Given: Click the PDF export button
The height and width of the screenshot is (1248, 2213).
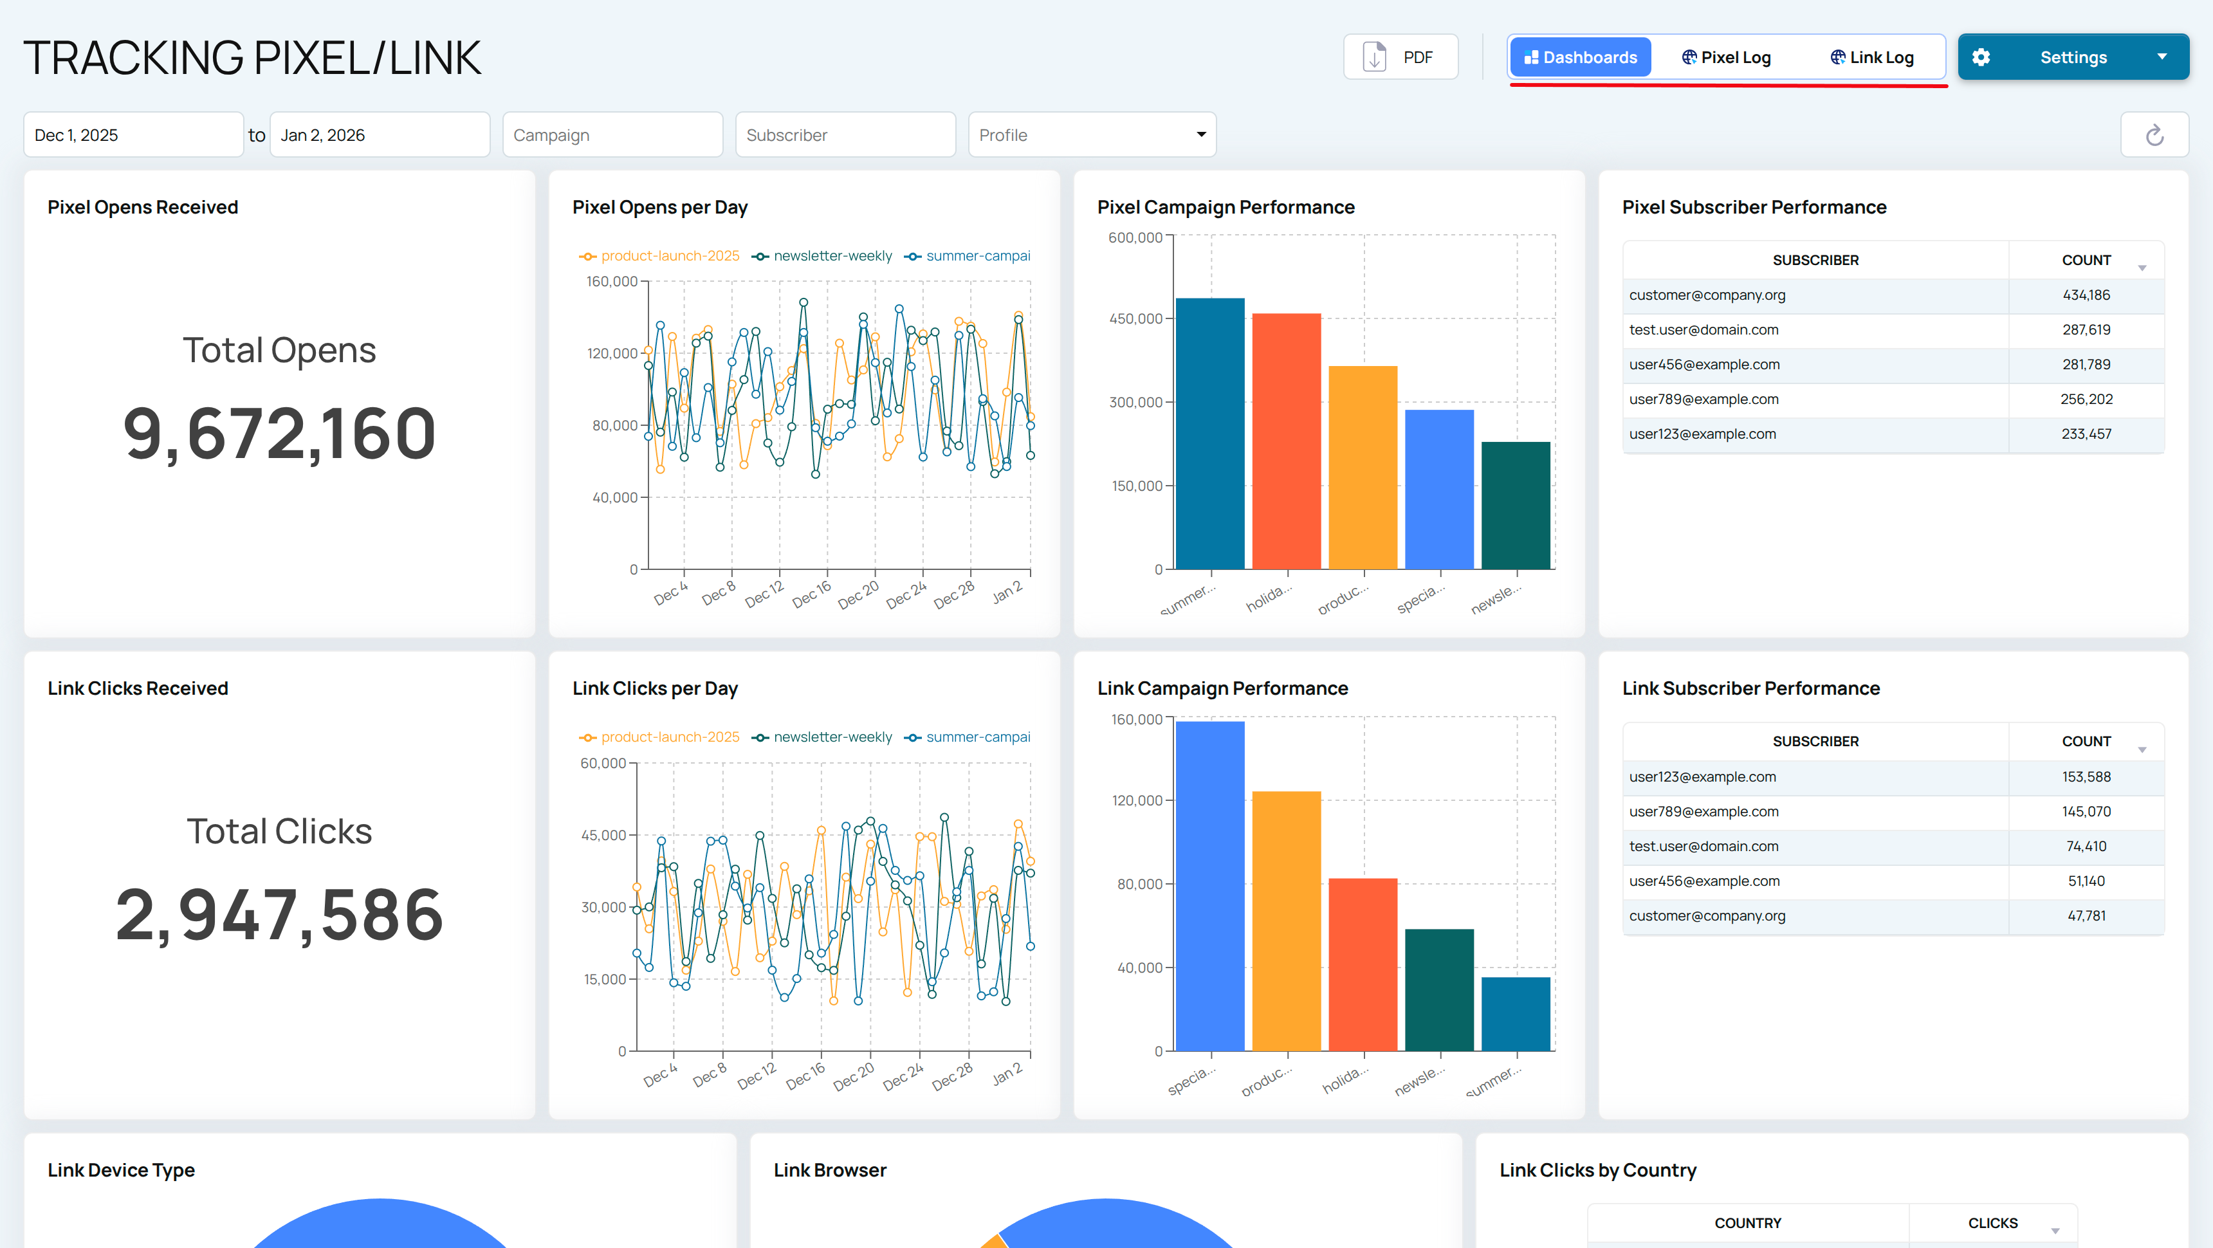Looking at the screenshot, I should (1400, 57).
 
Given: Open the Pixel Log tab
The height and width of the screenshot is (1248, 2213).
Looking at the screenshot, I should (1726, 57).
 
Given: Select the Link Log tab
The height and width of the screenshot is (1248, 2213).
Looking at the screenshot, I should (1872, 57).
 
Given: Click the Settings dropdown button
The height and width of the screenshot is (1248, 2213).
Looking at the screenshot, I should (2072, 57).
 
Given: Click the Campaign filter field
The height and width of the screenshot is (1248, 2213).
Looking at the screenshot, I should (612, 135).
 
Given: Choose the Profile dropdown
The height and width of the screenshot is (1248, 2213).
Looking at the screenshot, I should (1091, 135).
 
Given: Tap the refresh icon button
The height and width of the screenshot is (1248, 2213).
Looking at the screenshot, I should (2154, 135).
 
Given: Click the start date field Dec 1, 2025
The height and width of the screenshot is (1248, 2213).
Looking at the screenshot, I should (133, 135).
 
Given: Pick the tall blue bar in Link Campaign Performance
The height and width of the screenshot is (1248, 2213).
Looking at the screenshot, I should (1209, 885).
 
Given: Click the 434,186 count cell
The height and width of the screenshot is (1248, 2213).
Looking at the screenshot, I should (2086, 295).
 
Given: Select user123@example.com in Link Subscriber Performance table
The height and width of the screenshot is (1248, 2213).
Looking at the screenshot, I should (1702, 777).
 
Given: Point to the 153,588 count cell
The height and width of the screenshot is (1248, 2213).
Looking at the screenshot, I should (2086, 777).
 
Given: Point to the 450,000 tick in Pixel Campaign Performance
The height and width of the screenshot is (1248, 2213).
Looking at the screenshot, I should (1135, 318).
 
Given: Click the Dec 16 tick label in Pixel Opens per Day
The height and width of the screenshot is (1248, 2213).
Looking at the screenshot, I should (812, 594).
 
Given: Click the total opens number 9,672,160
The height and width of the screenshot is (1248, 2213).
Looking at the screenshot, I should (279, 434).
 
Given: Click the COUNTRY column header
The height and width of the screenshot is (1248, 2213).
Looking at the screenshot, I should (1747, 1223).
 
